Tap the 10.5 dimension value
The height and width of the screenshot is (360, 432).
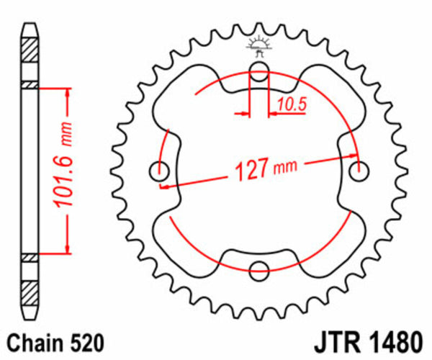tap(292, 104)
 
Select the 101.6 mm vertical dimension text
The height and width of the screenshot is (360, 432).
tap(66, 171)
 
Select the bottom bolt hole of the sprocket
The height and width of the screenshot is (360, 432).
tap(258, 270)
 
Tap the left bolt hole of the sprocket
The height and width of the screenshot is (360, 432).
tap(158, 171)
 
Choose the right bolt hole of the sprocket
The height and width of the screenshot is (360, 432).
tap(359, 171)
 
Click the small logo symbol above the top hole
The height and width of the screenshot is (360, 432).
tap(258, 46)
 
